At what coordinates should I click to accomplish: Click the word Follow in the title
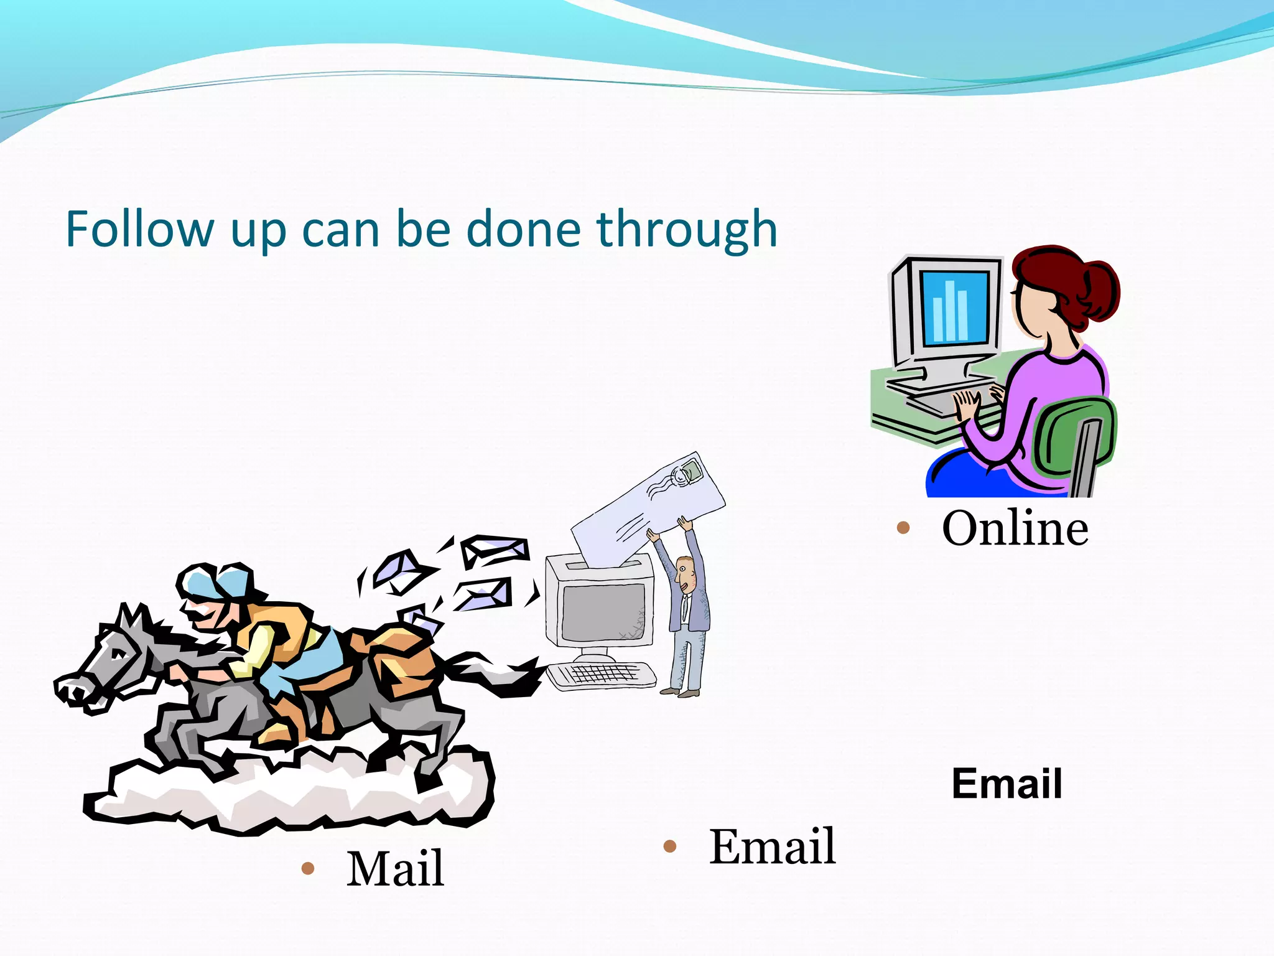(x=139, y=230)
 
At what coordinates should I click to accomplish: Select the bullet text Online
(x=1015, y=528)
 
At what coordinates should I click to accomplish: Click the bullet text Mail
(x=395, y=868)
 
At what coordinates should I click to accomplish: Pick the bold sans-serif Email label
(x=1007, y=784)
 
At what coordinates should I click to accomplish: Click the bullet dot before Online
(x=903, y=529)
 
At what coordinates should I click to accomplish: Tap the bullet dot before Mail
(x=307, y=868)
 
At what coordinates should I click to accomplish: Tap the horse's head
(x=112, y=660)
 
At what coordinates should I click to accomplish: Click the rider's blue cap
(x=215, y=582)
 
